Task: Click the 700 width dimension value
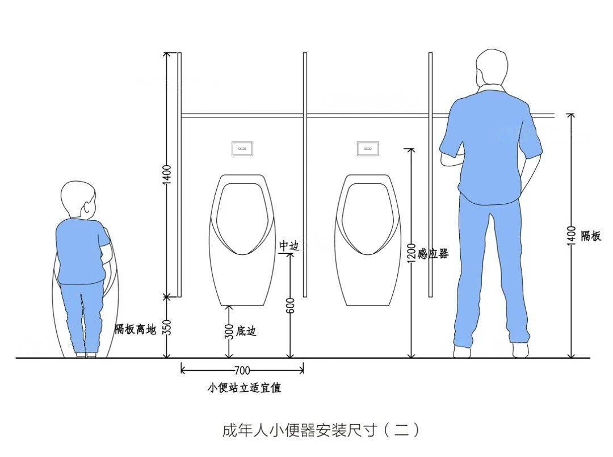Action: pos(242,371)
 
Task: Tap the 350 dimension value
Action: pos(167,328)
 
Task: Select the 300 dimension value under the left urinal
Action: pos(229,331)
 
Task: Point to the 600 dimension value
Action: pos(290,306)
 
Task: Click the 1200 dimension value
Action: pos(412,253)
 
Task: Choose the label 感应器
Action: pos(434,254)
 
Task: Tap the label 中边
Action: pos(288,246)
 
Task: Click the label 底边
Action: pos(246,330)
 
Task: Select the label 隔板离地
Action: pos(135,329)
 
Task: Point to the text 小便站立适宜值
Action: pos(244,388)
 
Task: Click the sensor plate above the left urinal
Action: pos(242,149)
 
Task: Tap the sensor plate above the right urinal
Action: pos(368,149)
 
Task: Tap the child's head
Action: pos(78,199)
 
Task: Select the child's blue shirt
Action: pos(81,250)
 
